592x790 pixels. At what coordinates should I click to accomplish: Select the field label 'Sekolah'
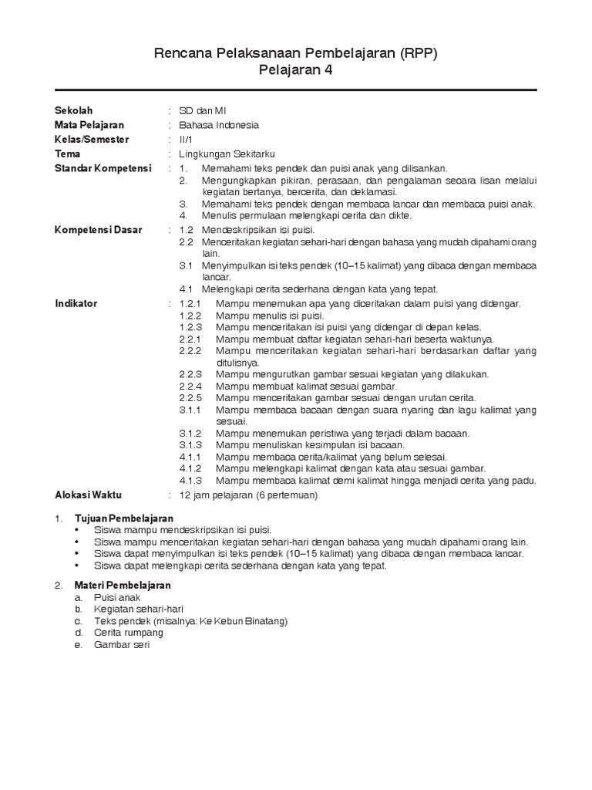click(73, 110)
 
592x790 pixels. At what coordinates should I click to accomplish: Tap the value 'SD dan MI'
click(203, 110)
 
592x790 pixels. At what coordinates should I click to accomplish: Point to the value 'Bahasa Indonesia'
click(219, 125)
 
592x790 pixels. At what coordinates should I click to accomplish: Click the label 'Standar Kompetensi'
click(103, 168)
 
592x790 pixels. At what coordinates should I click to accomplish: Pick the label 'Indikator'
click(76, 304)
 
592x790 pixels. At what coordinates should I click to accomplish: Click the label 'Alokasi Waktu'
click(88, 494)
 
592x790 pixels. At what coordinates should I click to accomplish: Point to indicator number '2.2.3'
click(190, 374)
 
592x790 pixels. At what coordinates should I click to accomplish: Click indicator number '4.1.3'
click(190, 481)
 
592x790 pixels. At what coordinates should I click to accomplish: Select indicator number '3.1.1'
click(190, 410)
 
